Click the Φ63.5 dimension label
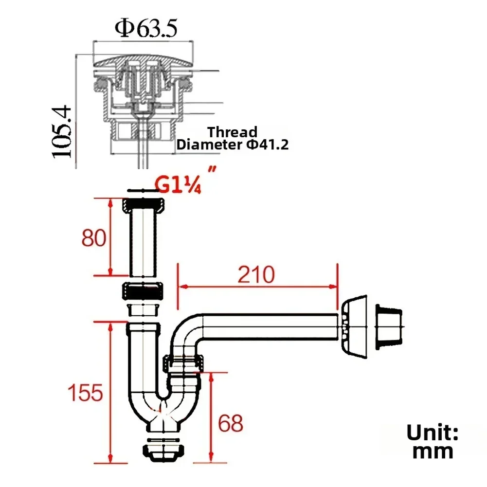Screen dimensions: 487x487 (x=146, y=29)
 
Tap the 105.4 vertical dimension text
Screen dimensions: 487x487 (x=62, y=132)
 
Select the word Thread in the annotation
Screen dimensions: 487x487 (x=233, y=132)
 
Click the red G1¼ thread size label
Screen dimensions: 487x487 (x=178, y=184)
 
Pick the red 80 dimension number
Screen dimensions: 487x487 (x=94, y=238)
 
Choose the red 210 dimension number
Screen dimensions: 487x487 (x=256, y=274)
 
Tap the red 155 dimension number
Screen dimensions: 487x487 (x=85, y=393)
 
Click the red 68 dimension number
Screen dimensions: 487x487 (x=231, y=423)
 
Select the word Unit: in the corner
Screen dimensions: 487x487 (x=433, y=433)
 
